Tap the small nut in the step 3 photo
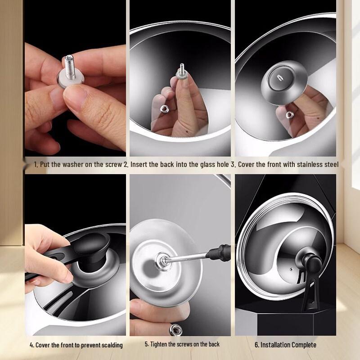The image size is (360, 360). click(x=289, y=115)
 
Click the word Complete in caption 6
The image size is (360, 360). click(x=301, y=345)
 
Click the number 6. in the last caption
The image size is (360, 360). click(x=257, y=345)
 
